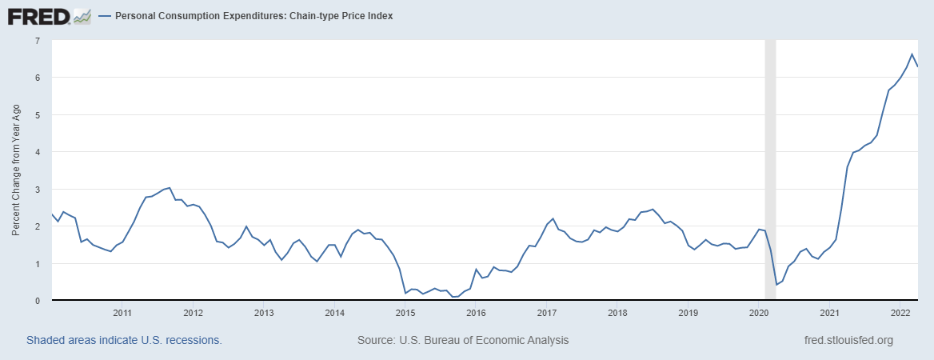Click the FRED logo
pos(49,16)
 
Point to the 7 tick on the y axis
pos(38,40)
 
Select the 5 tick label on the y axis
pos(38,114)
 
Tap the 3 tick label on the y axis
pos(38,189)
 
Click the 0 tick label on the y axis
pos(38,301)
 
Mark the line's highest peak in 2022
pos(912,54)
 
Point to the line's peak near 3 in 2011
pos(170,188)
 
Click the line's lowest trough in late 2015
pos(454,297)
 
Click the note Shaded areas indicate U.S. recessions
pos(124,340)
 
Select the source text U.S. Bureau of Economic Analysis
pos(463,340)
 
